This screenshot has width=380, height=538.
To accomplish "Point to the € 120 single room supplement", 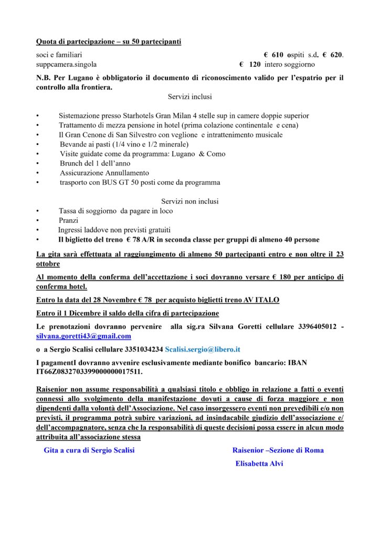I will pyautogui.click(x=250, y=64).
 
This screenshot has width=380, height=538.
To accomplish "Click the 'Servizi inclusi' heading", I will pyautogui.click(x=190, y=97).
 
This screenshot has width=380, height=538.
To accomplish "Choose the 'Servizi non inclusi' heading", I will pyautogui.click(x=189, y=201).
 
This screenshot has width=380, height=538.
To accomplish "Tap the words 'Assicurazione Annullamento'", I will pyautogui.click(x=104, y=173).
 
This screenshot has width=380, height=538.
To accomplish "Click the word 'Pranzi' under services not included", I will pyautogui.click(x=68, y=221).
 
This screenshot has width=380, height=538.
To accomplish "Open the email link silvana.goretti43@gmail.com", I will pyautogui.click(x=83, y=336).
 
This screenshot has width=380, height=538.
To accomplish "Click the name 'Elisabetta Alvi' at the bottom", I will pyautogui.click(x=259, y=464).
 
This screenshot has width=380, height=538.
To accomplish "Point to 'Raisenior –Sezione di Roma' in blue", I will pyautogui.click(x=278, y=450).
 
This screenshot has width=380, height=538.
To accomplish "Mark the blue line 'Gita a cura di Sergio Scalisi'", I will pyautogui.click(x=93, y=450).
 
